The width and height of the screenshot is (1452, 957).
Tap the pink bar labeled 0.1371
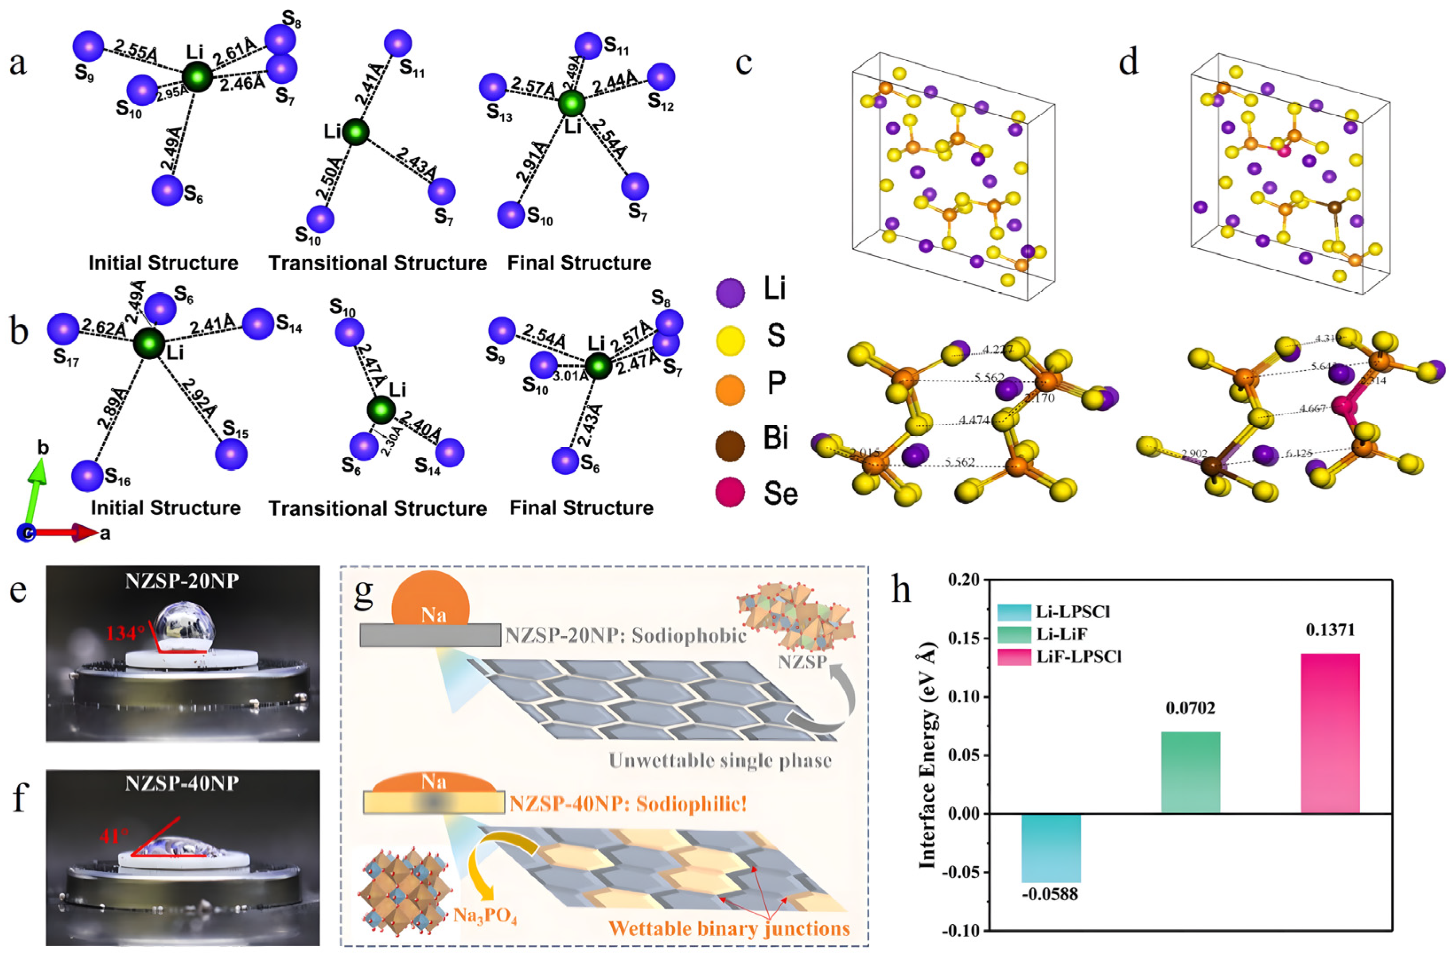click(x=1330, y=733)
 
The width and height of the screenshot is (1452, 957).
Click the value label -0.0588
click(x=1050, y=895)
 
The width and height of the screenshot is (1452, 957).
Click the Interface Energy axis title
click(x=927, y=756)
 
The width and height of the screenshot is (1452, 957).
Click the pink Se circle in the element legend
click(x=730, y=492)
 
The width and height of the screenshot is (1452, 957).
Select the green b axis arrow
click(x=39, y=488)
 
